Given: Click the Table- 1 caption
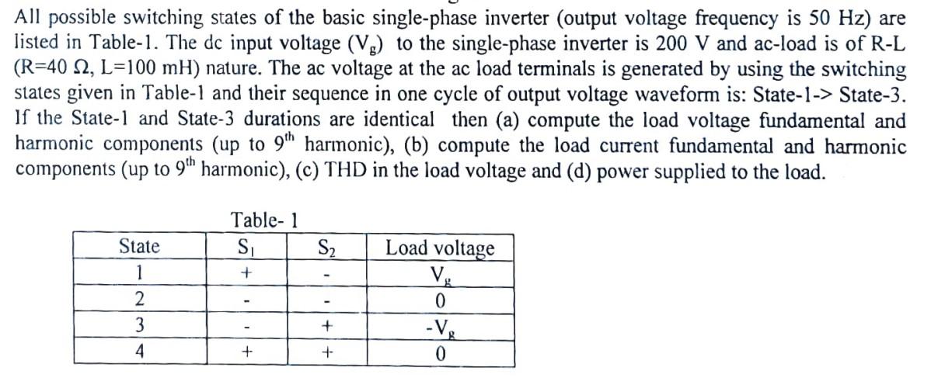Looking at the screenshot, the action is pos(265,220).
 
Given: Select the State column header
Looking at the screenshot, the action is pos(139,248).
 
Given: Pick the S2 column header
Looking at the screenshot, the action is pos(326,248).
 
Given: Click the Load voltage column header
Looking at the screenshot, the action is pos(440,248).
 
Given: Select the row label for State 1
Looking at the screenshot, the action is pos(139,273).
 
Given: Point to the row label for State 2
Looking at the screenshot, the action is pos(139,300).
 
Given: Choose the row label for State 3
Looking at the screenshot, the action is pos(139,326).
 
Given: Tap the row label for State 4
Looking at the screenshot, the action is pos(139,352).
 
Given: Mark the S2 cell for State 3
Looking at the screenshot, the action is pos(326,326).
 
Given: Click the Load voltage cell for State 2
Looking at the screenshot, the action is pos(440,300).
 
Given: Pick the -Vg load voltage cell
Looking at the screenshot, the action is pos(440,327).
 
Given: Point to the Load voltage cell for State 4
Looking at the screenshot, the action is pos(440,353).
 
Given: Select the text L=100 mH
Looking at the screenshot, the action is pos(120,69).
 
